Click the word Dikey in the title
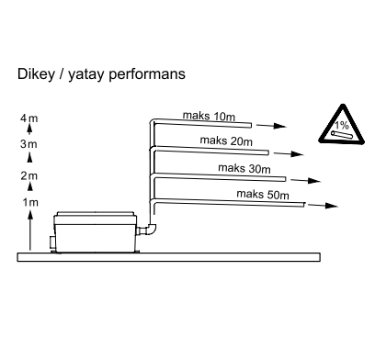pyautogui.click(x=36, y=74)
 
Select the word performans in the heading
pyautogui.click(x=147, y=74)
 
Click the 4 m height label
pyautogui.click(x=29, y=118)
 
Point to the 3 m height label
pyautogui.click(x=28, y=144)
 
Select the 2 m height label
pyautogui.click(x=29, y=175)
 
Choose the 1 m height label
pyautogui.click(x=30, y=202)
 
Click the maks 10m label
pyautogui.click(x=209, y=116)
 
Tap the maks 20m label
pyautogui.click(x=226, y=141)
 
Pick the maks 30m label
pyautogui.click(x=244, y=168)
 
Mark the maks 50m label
pyautogui.click(x=263, y=195)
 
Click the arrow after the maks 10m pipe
pyautogui.click(x=271, y=126)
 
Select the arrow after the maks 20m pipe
pyautogui.click(x=289, y=153)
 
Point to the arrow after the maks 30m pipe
pyautogui.click(x=305, y=181)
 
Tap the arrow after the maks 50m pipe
pyautogui.click(x=323, y=206)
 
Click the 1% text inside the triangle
pyautogui.click(x=342, y=125)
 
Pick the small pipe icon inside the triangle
pyautogui.click(x=342, y=135)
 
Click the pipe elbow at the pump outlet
pyautogui.click(x=150, y=231)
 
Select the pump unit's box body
pyautogui.click(x=96, y=232)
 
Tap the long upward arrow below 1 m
pyautogui.click(x=30, y=231)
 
